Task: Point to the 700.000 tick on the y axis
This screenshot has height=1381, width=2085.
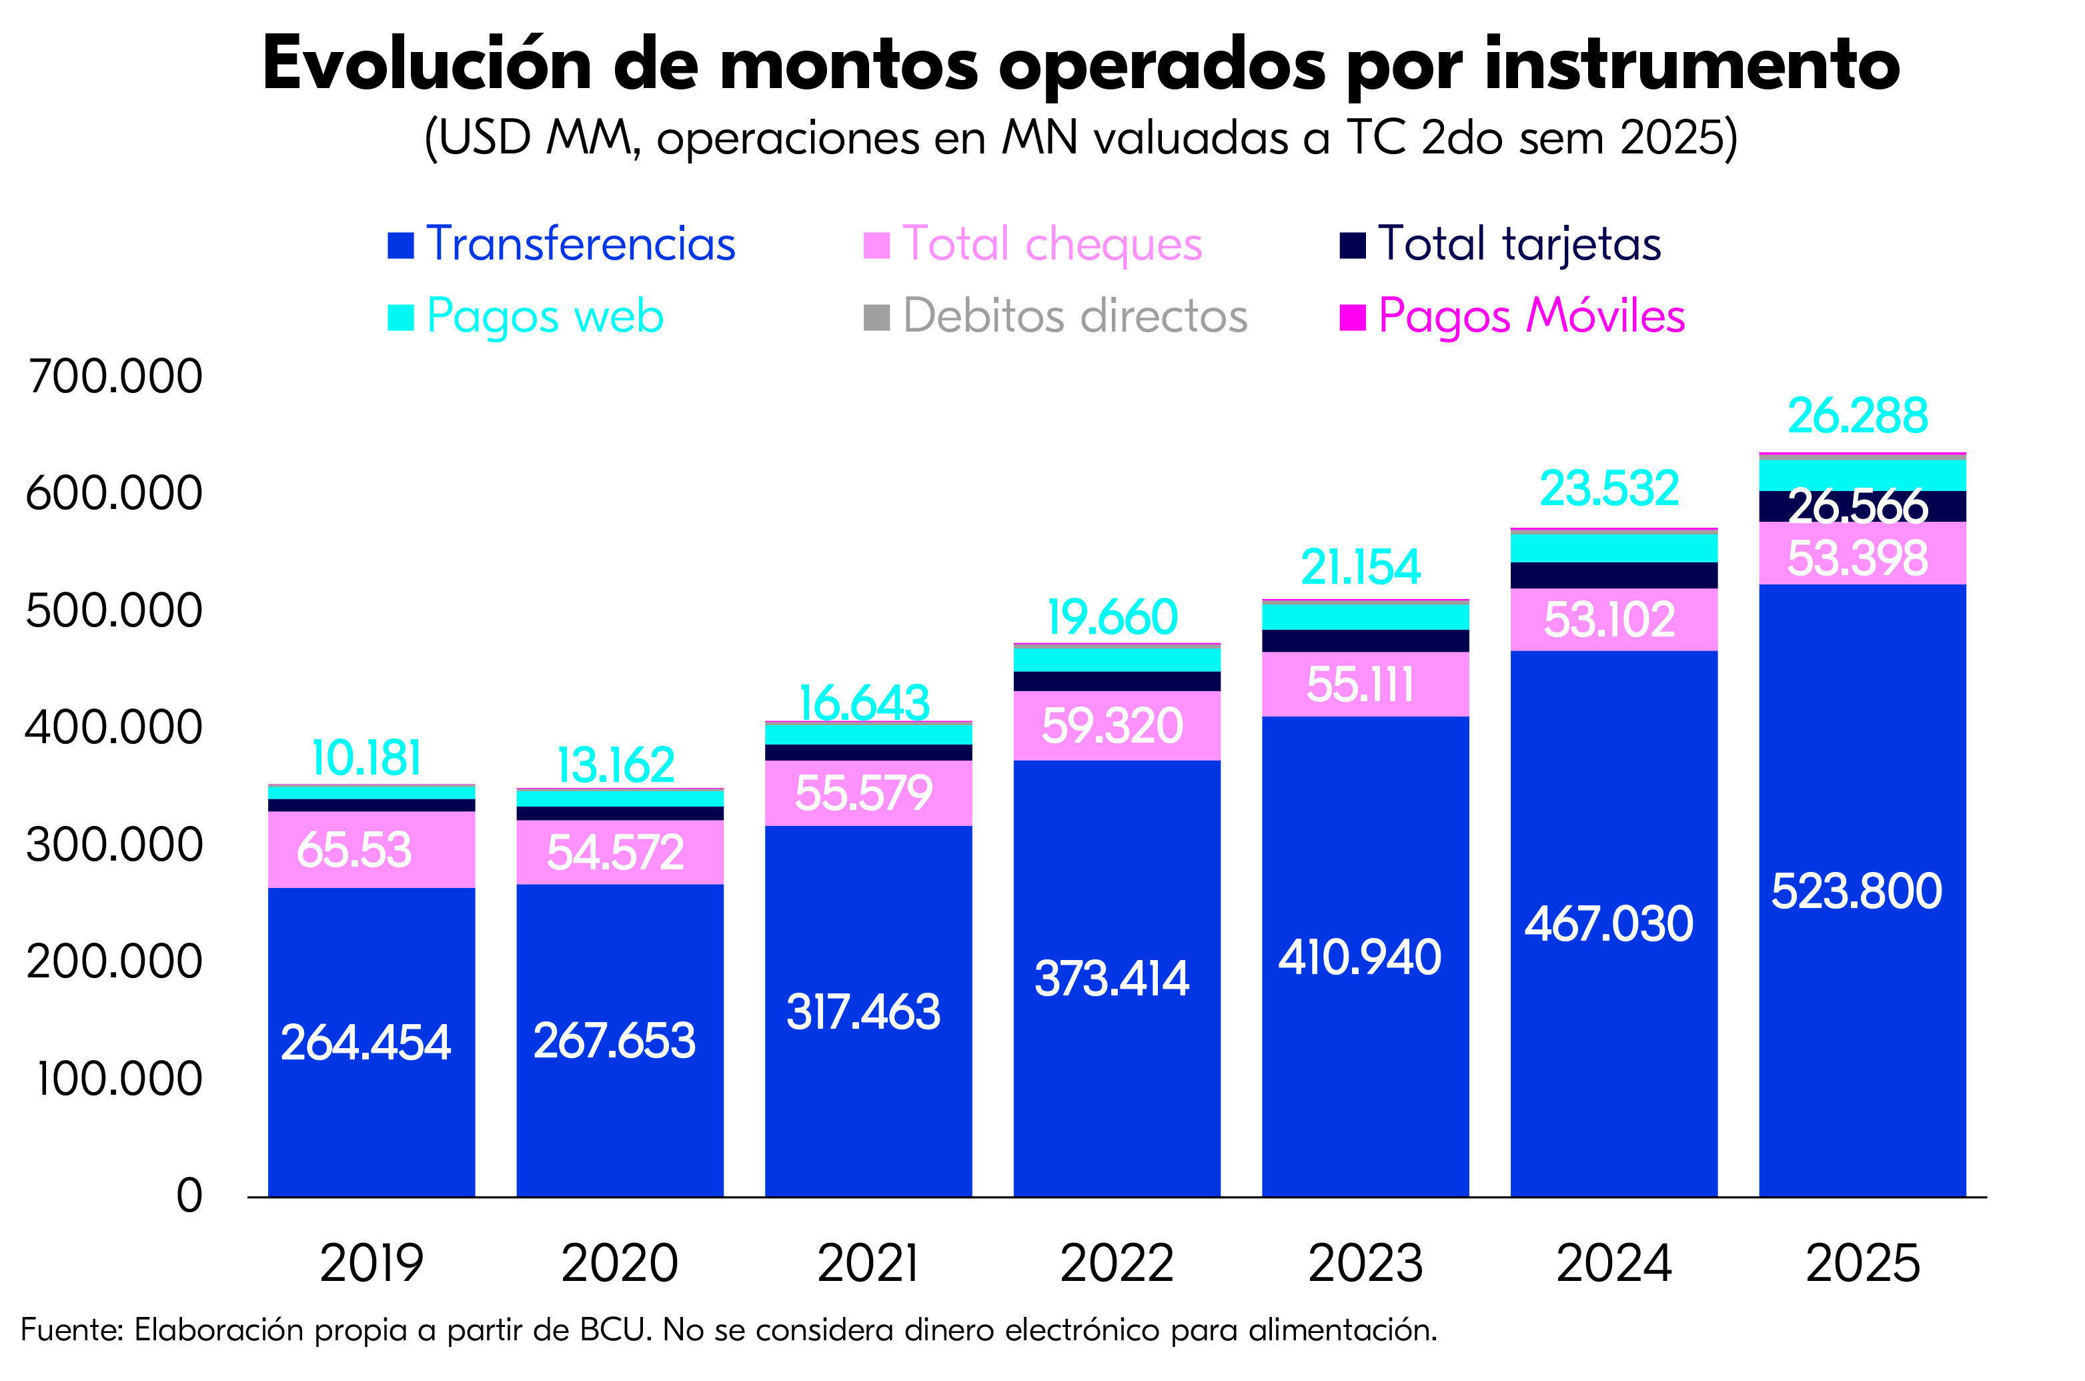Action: coord(115,376)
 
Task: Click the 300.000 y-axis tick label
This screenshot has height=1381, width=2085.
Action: coord(115,845)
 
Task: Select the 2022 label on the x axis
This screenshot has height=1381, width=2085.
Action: coord(1117,1263)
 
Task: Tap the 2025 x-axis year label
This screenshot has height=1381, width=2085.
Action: coord(1862,1263)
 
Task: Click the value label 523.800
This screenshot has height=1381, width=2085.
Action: coord(1856,891)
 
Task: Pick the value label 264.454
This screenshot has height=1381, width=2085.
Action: coord(366,1042)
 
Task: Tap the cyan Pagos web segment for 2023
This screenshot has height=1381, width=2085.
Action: coord(1365,616)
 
